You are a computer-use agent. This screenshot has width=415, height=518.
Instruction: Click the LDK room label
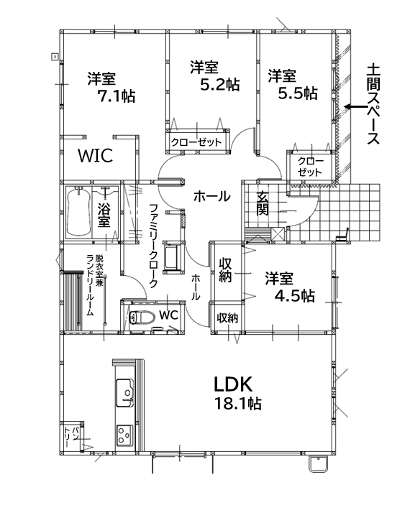[234, 384]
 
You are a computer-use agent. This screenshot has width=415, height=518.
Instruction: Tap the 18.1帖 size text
[238, 404]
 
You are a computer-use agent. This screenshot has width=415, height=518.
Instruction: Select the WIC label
[95, 156]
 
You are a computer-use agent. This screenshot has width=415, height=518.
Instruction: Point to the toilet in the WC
[142, 318]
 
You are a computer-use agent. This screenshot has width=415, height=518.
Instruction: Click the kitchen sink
[124, 393]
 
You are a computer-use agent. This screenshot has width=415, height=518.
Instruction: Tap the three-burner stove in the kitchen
[124, 435]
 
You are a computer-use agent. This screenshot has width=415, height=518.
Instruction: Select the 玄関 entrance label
[263, 203]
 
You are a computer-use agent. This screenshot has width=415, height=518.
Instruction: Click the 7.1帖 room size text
[116, 96]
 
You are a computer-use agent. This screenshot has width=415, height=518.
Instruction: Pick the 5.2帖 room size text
[220, 85]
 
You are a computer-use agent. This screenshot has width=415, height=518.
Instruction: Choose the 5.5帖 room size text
[298, 93]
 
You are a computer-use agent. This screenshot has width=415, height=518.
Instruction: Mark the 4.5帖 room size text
[295, 296]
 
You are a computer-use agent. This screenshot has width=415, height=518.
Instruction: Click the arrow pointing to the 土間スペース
[355, 107]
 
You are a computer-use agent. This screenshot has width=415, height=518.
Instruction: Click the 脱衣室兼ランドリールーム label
[94, 285]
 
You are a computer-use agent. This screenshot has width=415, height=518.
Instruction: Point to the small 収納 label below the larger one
[227, 318]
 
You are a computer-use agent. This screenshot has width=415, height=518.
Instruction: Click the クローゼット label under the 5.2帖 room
[196, 142]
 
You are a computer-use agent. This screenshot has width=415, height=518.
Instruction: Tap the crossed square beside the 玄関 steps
[278, 234]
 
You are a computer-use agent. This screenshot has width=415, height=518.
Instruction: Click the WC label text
[168, 315]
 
